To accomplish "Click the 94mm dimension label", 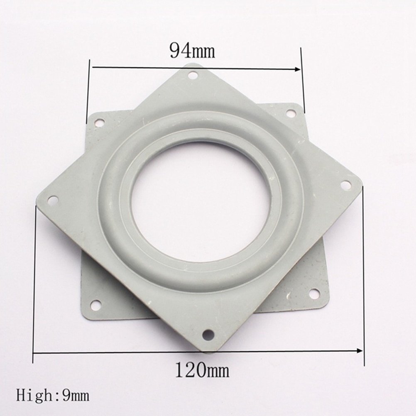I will (x=192, y=51).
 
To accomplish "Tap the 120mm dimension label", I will (x=202, y=369).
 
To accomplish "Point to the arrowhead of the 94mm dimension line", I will (x=297, y=69).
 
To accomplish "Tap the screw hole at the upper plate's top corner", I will (x=193, y=75).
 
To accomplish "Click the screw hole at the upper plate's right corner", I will (x=345, y=185).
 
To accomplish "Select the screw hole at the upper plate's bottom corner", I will (x=208, y=333).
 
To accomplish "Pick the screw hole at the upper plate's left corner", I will (x=53, y=200).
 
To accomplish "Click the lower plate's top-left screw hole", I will (x=99, y=122).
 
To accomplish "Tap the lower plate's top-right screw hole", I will (x=291, y=113).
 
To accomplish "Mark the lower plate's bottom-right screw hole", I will (x=314, y=294).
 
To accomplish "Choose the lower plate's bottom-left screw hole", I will (x=95, y=305).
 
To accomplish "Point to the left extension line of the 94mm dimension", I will (x=88, y=91).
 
